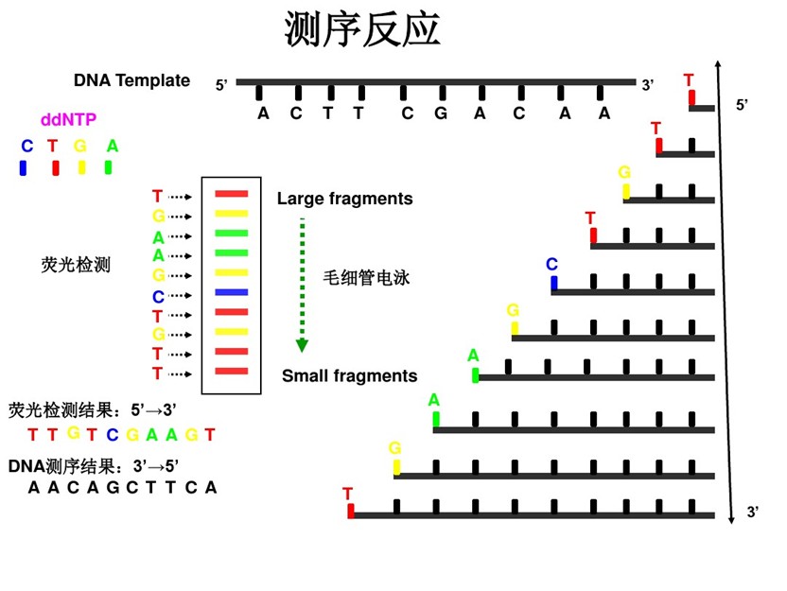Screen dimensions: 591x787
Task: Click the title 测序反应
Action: pos(362,30)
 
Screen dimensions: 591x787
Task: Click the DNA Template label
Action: pos(131,80)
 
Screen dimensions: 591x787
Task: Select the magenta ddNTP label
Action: pos(67,120)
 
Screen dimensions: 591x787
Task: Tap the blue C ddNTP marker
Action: pos(23,167)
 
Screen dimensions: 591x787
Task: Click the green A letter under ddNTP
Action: pos(113,146)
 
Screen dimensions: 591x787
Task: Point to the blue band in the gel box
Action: pos(232,292)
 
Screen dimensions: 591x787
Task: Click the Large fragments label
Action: pos(344,199)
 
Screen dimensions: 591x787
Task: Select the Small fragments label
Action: pos(349,375)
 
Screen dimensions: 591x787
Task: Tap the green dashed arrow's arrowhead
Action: pos(303,345)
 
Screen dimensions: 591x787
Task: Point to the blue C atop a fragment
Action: pos(552,264)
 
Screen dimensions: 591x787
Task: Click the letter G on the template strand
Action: pos(440,113)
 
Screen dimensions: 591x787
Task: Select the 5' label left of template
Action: pos(222,85)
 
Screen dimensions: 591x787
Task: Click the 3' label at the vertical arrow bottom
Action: pos(753,512)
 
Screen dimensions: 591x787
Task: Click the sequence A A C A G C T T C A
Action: pos(122,488)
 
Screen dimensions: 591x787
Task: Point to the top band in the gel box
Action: pos(232,194)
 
